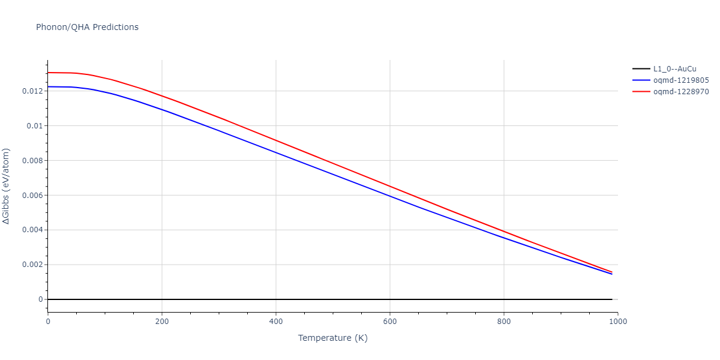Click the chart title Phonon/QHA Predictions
pos(87,27)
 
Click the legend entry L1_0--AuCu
pos(675,68)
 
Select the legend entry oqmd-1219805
pos(681,80)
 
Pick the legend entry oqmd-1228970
pos(681,92)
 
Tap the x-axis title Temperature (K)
pos(332,338)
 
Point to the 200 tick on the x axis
pos(162,322)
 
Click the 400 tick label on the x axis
pos(276,322)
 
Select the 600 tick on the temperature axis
pos(390,322)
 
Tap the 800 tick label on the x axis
pos(504,322)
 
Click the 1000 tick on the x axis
pos(617,322)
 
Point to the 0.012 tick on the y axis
pos(31,91)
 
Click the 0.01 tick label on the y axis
pos(34,126)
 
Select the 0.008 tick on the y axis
pos(31,161)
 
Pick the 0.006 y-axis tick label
pos(31,196)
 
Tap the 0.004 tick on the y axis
pos(31,230)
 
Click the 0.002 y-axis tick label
pos(31,265)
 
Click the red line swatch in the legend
pos(641,92)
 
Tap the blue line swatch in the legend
pos(641,80)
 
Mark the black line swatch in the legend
pos(641,68)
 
